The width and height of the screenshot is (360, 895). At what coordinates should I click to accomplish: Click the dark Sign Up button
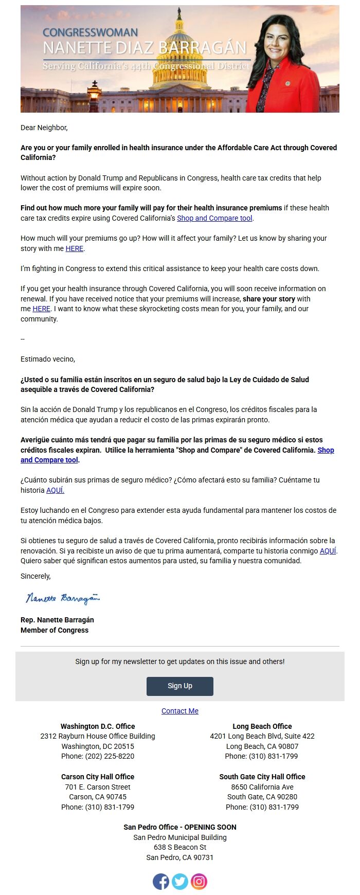(x=179, y=686)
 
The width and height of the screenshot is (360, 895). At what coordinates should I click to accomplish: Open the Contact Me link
(x=179, y=711)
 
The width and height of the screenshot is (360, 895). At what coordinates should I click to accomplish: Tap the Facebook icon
(x=161, y=881)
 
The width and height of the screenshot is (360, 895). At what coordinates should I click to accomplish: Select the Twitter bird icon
(x=180, y=881)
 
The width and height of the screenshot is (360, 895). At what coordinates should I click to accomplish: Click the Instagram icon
(x=199, y=881)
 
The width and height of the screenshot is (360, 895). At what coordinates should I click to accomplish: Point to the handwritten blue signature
(x=62, y=598)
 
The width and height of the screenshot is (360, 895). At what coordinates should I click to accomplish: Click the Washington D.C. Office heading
(x=98, y=726)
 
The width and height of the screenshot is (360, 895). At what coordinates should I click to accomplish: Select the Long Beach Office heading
(x=262, y=726)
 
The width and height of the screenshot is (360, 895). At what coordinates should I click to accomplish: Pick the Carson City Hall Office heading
(x=98, y=777)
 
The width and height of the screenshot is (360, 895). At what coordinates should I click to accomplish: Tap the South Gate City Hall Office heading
(x=262, y=777)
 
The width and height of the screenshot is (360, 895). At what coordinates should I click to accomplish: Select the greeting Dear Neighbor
(x=44, y=128)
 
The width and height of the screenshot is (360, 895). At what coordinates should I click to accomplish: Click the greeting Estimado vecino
(x=48, y=359)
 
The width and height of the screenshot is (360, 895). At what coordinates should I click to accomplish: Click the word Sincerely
(x=35, y=576)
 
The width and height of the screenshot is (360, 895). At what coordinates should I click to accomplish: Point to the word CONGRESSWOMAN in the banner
(x=90, y=32)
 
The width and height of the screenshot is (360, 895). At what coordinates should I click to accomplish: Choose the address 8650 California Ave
(x=262, y=787)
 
